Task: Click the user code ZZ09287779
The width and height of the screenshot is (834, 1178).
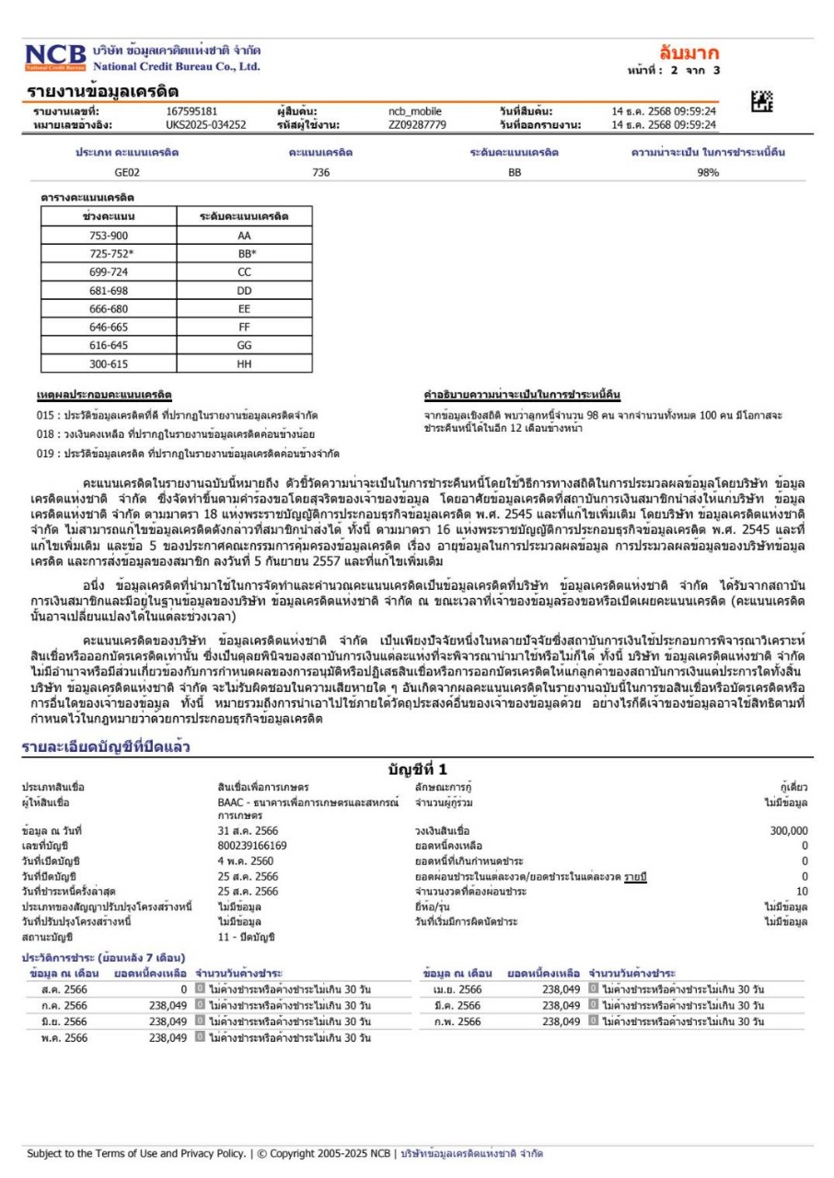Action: click(x=417, y=124)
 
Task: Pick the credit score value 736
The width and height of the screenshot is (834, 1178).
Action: click(x=321, y=172)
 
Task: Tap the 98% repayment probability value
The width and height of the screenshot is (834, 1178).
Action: click(x=708, y=172)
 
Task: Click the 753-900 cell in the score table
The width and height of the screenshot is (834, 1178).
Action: click(x=109, y=236)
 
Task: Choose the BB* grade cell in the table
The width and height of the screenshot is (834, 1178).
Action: click(x=244, y=252)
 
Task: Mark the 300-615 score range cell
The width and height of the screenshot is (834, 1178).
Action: click(x=109, y=364)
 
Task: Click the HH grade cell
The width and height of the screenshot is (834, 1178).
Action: click(x=244, y=364)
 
